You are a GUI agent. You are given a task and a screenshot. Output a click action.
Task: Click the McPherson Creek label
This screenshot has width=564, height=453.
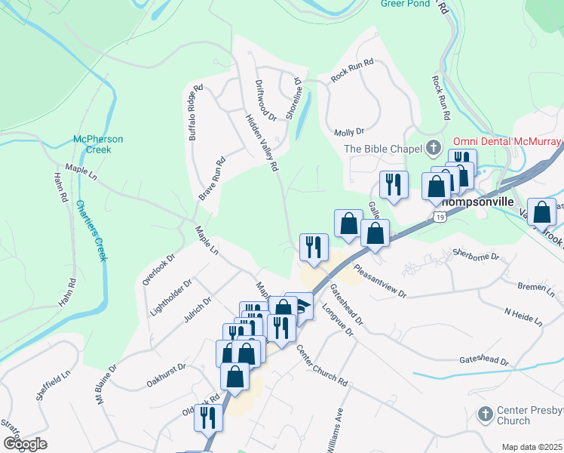coord(98,144)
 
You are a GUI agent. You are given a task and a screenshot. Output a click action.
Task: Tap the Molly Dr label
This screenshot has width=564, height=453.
coord(348,132)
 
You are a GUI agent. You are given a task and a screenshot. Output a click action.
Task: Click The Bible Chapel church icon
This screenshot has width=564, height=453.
coord(434,148)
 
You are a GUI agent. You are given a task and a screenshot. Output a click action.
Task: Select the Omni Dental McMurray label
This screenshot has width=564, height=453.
coord(507,142)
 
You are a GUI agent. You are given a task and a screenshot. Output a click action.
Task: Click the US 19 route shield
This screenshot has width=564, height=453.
coord(439,217)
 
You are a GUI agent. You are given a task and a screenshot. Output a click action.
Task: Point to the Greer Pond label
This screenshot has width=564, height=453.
coord(405,4)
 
